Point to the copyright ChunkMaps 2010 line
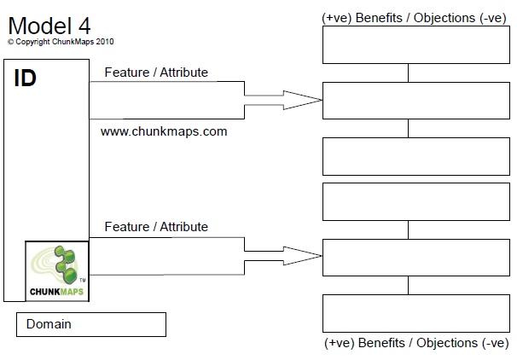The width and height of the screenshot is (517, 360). click(61, 41)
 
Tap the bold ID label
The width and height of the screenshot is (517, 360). click(25, 78)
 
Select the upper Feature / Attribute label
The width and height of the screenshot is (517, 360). click(156, 73)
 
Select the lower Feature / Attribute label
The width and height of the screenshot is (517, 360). click(156, 227)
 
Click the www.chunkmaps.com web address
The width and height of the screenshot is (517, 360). click(164, 132)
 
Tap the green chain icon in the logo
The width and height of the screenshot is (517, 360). click(61, 263)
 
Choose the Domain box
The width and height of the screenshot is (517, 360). click(90, 324)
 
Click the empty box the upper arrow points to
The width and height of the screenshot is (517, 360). click(408, 101)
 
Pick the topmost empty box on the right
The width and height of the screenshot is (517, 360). click(408, 45)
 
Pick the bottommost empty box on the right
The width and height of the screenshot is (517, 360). click(408, 312)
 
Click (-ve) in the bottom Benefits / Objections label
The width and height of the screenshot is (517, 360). click(491, 342)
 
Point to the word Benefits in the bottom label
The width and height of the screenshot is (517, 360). click(382, 342)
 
